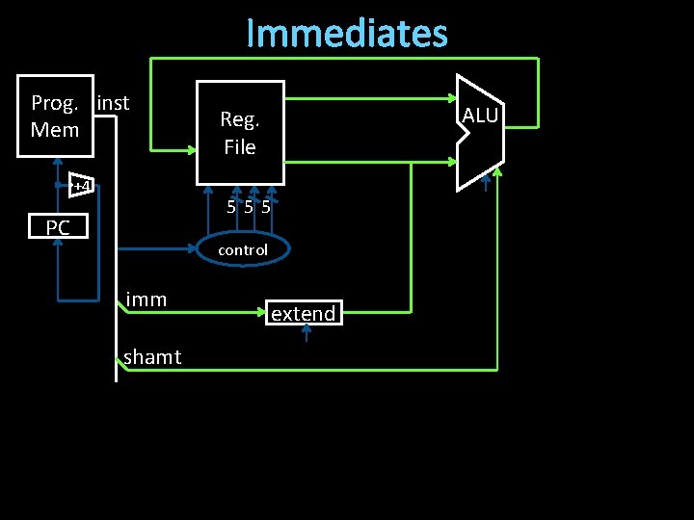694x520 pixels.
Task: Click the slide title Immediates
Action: (347, 33)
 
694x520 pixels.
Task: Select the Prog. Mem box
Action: (56, 116)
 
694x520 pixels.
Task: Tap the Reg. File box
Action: (240, 132)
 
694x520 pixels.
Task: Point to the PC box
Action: (58, 227)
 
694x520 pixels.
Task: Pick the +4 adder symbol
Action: (82, 186)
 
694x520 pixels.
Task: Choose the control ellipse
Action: (243, 250)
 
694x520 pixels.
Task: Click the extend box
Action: (303, 313)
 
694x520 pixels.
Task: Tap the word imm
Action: (147, 299)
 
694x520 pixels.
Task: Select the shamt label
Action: (152, 357)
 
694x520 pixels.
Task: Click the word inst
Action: (114, 102)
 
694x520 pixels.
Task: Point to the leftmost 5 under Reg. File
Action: (231, 206)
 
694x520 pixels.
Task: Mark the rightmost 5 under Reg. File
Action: (264, 206)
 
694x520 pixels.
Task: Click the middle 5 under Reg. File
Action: (248, 206)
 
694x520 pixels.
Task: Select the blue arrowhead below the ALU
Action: (486, 176)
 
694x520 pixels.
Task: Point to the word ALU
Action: (480, 117)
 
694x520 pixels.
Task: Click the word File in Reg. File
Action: (240, 147)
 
